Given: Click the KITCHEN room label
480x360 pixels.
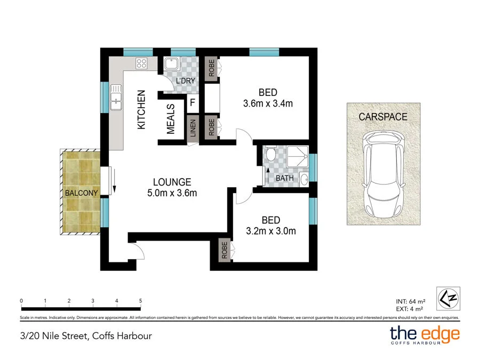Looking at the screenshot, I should [x=141, y=109].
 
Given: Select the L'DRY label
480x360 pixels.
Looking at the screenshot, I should [x=185, y=81].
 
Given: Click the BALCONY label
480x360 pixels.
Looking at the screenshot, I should [x=81, y=193].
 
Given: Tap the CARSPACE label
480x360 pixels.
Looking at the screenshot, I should [x=383, y=117].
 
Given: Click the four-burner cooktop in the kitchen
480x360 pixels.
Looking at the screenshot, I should [x=142, y=64].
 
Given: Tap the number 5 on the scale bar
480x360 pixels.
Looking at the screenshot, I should [x=140, y=301].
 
